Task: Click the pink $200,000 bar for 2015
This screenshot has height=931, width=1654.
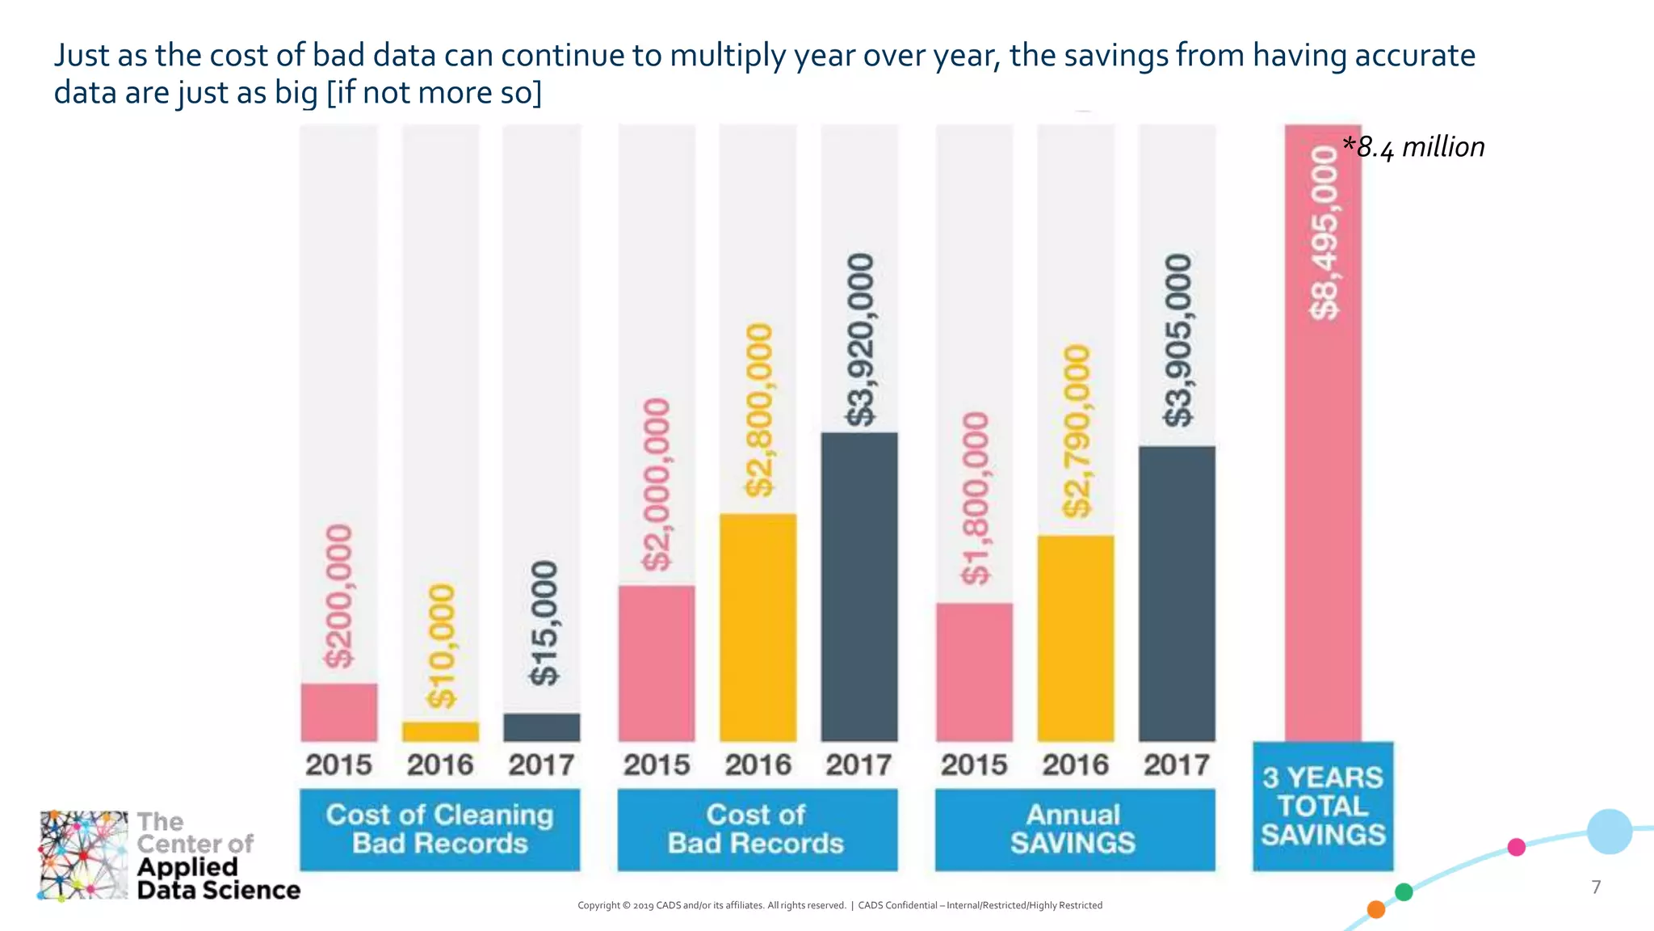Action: pyautogui.click(x=338, y=712)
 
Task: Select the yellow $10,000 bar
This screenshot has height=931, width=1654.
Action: pyautogui.click(x=440, y=731)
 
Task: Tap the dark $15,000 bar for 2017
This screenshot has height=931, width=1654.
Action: pyautogui.click(x=541, y=727)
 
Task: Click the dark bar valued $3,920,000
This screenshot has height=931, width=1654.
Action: pyautogui.click(x=859, y=587)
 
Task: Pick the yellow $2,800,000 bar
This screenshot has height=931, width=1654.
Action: pyautogui.click(x=758, y=627)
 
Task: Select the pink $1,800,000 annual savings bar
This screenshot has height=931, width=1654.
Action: pyautogui.click(x=974, y=672)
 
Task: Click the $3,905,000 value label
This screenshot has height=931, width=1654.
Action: pyautogui.click(x=1178, y=340)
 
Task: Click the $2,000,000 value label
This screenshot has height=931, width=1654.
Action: pyautogui.click(x=657, y=484)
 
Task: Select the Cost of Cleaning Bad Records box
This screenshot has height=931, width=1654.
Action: pyautogui.click(x=439, y=829)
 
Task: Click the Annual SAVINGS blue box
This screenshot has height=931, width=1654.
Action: pyautogui.click(x=1074, y=829)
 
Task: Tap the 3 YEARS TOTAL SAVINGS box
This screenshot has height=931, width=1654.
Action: pyautogui.click(x=1323, y=806)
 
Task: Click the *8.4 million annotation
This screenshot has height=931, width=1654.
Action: pyautogui.click(x=1413, y=147)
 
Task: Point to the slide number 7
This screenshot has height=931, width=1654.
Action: pyautogui.click(x=1596, y=887)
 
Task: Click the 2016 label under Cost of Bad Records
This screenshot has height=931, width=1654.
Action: pyautogui.click(x=758, y=765)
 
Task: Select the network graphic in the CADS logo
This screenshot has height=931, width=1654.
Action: pyautogui.click(x=83, y=855)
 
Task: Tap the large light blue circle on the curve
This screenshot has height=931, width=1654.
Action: pyautogui.click(x=1609, y=832)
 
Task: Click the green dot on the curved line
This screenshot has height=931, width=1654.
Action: pyautogui.click(x=1404, y=892)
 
